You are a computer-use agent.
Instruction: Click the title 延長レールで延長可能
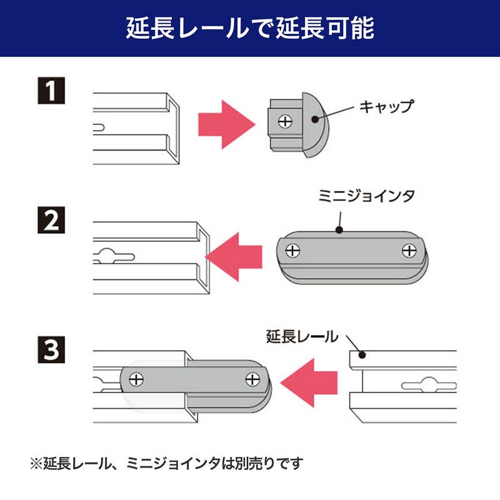tap(250, 28)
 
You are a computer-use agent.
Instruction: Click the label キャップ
tap(386, 106)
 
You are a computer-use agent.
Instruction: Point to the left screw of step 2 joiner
tap(292, 251)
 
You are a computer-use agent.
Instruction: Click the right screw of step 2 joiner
tap(410, 251)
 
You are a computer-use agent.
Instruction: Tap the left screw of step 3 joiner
tap(136, 379)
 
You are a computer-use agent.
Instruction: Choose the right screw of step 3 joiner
tap(253, 379)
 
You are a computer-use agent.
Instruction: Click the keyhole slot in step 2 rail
tap(112, 255)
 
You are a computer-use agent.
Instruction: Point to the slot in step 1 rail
tap(100, 127)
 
